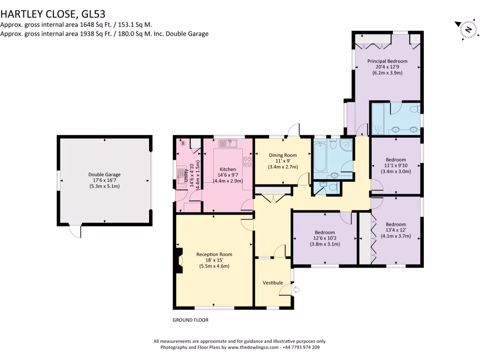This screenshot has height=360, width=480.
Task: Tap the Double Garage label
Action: pyautogui.click(x=104, y=175)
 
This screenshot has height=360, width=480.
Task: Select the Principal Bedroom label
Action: pyautogui.click(x=387, y=61)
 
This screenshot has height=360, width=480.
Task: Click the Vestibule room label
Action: pyautogui.click(x=272, y=283)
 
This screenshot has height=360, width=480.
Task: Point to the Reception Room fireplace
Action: pyautogui.click(x=178, y=261)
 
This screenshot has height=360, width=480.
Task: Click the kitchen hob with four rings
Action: pyautogui.click(x=247, y=162)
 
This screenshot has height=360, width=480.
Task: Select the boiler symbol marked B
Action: pyautogui.click(x=183, y=142)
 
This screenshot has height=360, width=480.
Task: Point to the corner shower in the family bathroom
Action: pyautogui.click(x=346, y=145)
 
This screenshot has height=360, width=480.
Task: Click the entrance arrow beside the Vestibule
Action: pyautogui.click(x=296, y=291)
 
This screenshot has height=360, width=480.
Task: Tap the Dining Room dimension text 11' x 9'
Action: pyautogui.click(x=283, y=161)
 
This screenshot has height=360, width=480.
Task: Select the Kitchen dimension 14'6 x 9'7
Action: pyautogui.click(x=227, y=175)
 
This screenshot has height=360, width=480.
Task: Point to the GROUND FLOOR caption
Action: pyautogui.click(x=190, y=320)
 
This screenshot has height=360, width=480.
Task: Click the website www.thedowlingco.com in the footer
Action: pyautogui.click(x=253, y=347)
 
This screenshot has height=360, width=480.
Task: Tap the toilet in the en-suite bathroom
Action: pyautogui.click(x=414, y=110)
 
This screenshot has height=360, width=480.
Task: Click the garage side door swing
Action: pyautogui.click(x=75, y=231)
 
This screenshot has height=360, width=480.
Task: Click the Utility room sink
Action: pyautogui.click(x=181, y=173)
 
